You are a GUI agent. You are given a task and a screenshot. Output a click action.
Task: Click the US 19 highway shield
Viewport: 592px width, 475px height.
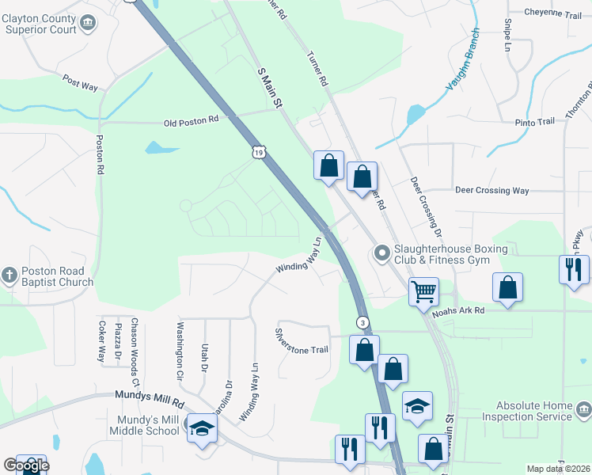(x=259, y=152)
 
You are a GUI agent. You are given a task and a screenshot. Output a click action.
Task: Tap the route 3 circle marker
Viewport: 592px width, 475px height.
(x=362, y=322)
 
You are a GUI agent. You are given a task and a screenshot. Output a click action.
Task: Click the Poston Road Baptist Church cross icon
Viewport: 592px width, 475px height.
(x=9, y=275)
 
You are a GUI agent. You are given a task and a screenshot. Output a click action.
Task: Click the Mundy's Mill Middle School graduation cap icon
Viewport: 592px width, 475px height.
(x=201, y=428)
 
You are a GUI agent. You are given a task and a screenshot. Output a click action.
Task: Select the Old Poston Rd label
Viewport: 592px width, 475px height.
(x=191, y=122)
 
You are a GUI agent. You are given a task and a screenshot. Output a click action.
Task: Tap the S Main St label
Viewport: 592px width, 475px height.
(x=271, y=88)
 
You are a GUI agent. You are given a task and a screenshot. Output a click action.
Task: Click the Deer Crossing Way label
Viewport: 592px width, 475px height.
(x=491, y=191)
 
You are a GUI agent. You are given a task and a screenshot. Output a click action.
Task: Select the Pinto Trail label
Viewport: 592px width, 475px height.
(x=535, y=122)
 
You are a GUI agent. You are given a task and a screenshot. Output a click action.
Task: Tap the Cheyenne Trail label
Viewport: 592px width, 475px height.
(x=553, y=14)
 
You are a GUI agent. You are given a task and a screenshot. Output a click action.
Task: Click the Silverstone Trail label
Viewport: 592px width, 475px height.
(x=301, y=340)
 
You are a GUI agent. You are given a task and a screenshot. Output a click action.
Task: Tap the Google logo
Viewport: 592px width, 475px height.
(x=25, y=465)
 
